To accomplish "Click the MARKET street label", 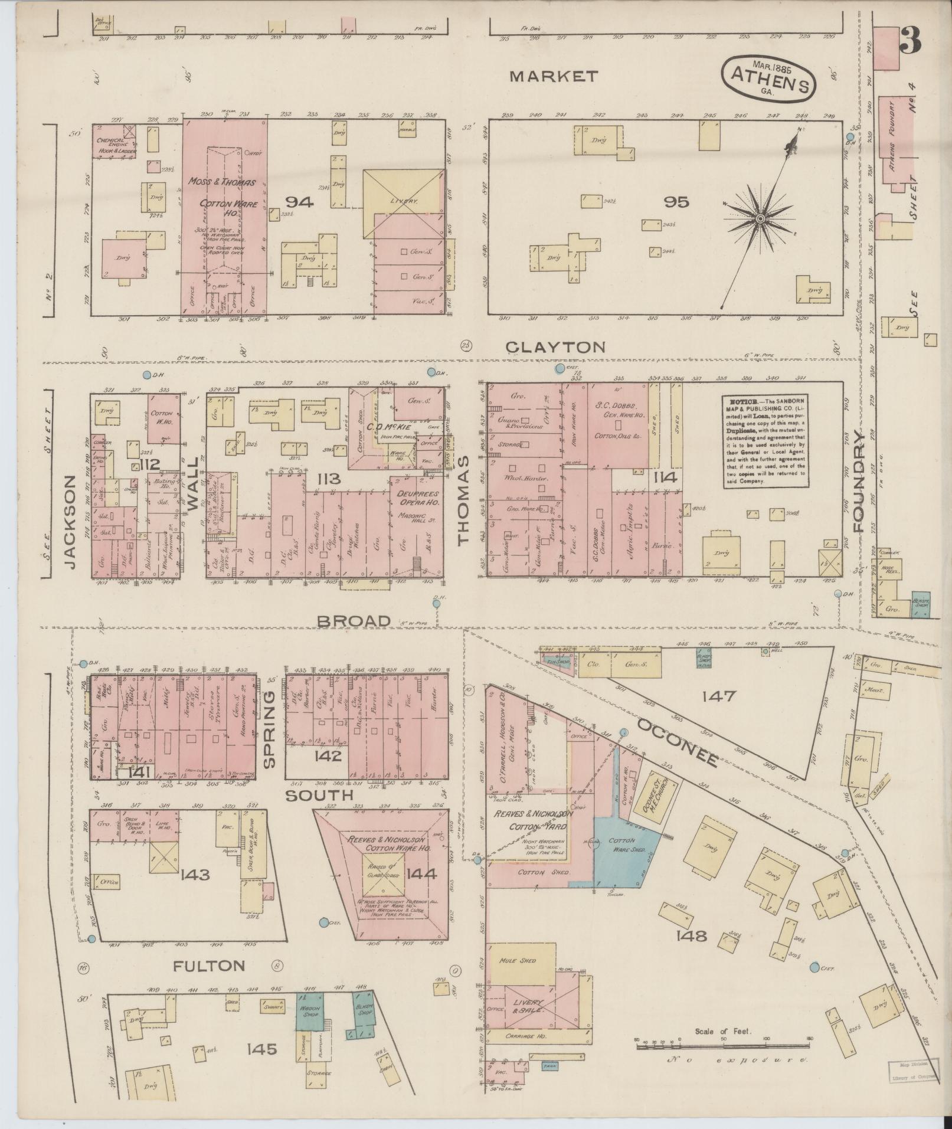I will pyautogui.click(x=554, y=76).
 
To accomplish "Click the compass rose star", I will pyautogui.click(x=760, y=219).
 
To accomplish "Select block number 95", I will pyautogui.click(x=676, y=202).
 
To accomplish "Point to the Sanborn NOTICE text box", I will pyautogui.click(x=765, y=442).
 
